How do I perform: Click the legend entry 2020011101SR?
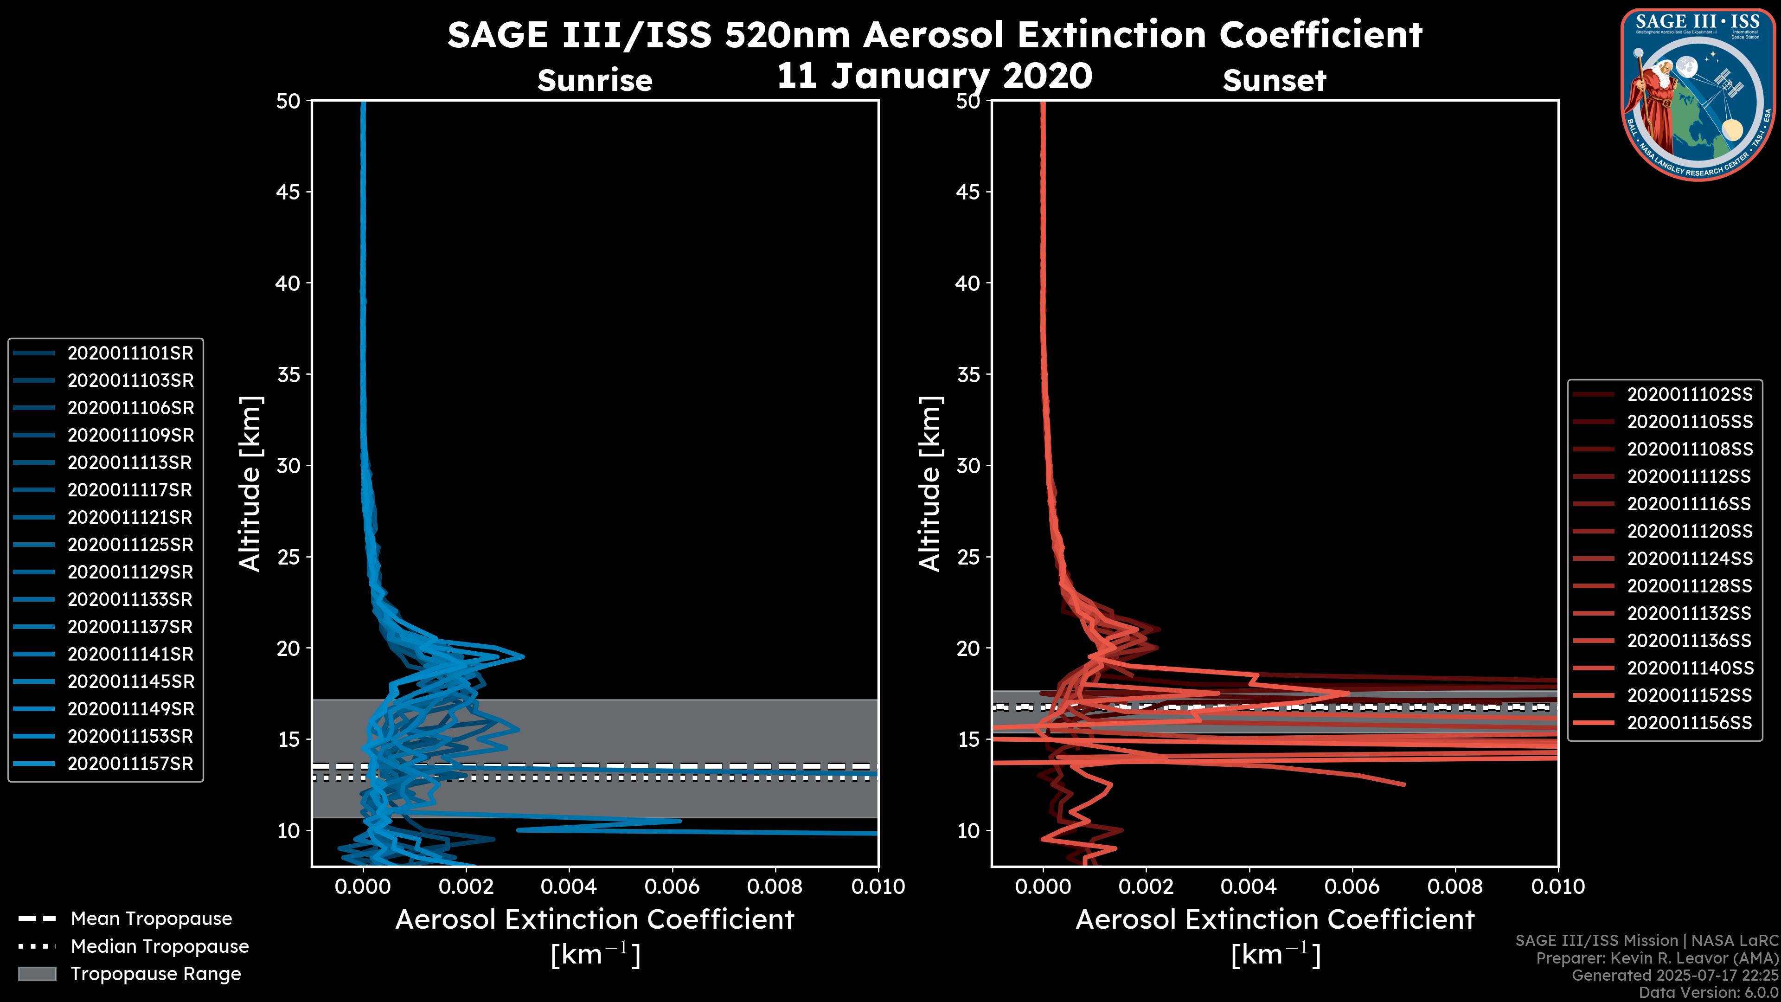(x=130, y=353)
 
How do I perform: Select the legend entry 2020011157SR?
(x=130, y=764)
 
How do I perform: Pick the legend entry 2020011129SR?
(x=130, y=572)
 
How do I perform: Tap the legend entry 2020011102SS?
(x=1689, y=395)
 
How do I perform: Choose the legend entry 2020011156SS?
(x=1689, y=723)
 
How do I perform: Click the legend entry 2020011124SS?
(x=1689, y=559)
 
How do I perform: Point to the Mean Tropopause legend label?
(x=151, y=919)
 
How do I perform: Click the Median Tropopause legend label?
(x=160, y=947)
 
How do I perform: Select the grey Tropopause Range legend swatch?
(x=37, y=974)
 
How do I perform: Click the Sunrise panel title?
(x=595, y=81)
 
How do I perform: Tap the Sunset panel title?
(x=1274, y=81)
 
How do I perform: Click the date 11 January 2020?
(x=934, y=76)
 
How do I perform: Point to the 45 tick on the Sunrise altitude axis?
(x=288, y=192)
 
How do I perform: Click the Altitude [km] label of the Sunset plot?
(x=930, y=484)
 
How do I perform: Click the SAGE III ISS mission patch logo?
(x=1699, y=94)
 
